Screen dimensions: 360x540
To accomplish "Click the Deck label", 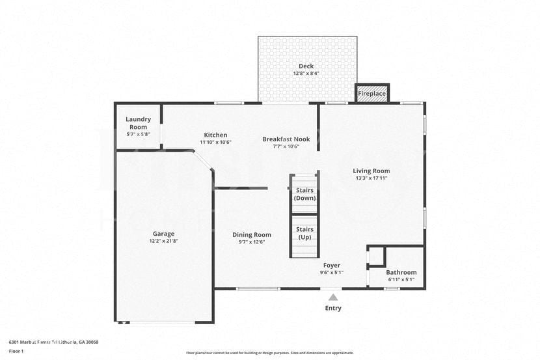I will click(x=306, y=66).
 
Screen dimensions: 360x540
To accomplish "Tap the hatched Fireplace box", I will click(x=372, y=93).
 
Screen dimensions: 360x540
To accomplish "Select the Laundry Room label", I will click(x=138, y=123).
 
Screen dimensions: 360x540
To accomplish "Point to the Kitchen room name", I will click(x=215, y=135).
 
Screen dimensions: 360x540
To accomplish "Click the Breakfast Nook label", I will click(x=286, y=139).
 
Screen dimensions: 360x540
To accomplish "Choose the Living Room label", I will click(x=371, y=171).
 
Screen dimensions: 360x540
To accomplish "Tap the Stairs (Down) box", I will click(x=304, y=194).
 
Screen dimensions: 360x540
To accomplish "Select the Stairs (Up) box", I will click(x=304, y=233).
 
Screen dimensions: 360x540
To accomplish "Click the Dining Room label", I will click(x=252, y=234).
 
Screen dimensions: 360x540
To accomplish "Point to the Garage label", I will click(x=163, y=234).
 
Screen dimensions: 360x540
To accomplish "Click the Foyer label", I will click(x=332, y=265).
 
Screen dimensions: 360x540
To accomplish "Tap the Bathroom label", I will click(x=401, y=272).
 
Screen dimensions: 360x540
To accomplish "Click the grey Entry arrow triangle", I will click(x=333, y=298).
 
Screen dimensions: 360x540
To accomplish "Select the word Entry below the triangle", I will click(x=333, y=308).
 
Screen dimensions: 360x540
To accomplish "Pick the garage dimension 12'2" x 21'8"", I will click(x=163, y=241).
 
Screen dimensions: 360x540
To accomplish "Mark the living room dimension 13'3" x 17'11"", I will click(x=371, y=178).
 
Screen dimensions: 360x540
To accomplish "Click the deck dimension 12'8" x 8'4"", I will click(x=306, y=74).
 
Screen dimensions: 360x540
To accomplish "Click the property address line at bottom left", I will click(x=53, y=342).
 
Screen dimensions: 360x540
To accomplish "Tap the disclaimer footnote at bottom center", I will click(x=270, y=353).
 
